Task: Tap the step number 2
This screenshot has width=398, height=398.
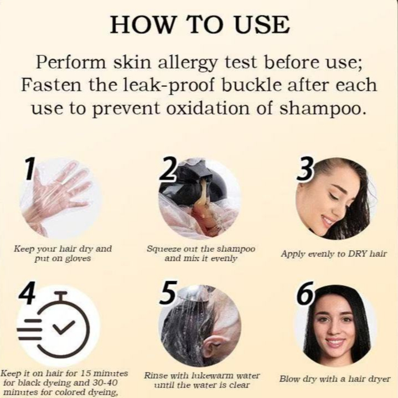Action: (x=168, y=168)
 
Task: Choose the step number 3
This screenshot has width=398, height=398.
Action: (x=306, y=170)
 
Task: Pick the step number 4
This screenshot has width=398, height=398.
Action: (x=27, y=293)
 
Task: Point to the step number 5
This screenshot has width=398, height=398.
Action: (x=167, y=293)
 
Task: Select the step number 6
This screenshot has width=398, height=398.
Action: (x=306, y=294)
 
